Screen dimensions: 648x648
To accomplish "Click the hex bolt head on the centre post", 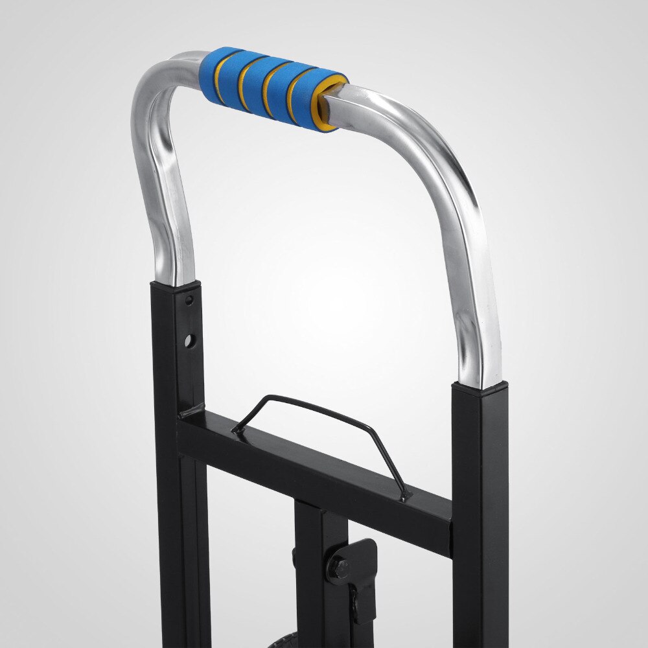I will pos(338,568).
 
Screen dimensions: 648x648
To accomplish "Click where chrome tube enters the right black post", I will pos(480,385).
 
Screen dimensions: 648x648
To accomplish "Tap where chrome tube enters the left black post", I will pos(175,284).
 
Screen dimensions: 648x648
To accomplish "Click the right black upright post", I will pos(480,518).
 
